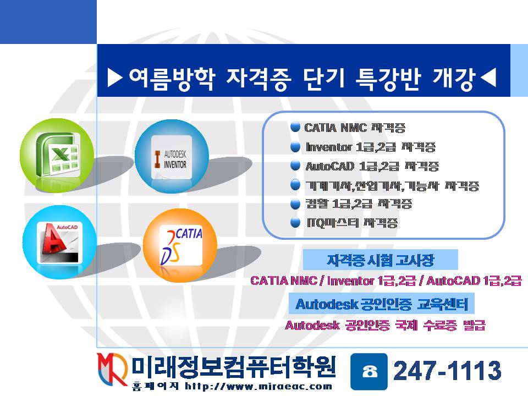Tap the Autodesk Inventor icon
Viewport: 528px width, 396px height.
pyautogui.click(x=172, y=156)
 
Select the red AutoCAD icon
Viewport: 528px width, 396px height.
pyautogui.click(x=59, y=242)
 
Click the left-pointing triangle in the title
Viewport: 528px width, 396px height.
pyautogui.click(x=488, y=79)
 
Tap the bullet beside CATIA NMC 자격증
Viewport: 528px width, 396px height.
pyautogui.click(x=295, y=128)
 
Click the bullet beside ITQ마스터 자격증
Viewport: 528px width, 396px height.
pyautogui.click(x=295, y=223)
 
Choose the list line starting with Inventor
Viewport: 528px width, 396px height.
pyautogui.click(x=370, y=147)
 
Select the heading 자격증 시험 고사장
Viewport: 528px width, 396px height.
pyautogui.click(x=380, y=259)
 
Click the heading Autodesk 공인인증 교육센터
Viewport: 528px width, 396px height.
pyautogui.click(x=382, y=304)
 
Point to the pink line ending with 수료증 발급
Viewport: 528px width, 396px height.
pyautogui.click(x=385, y=326)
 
